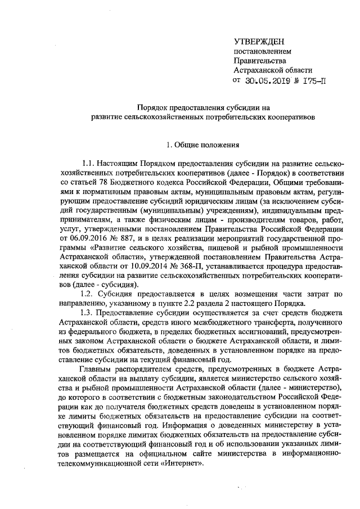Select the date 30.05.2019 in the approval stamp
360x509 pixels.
pos(267,80)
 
